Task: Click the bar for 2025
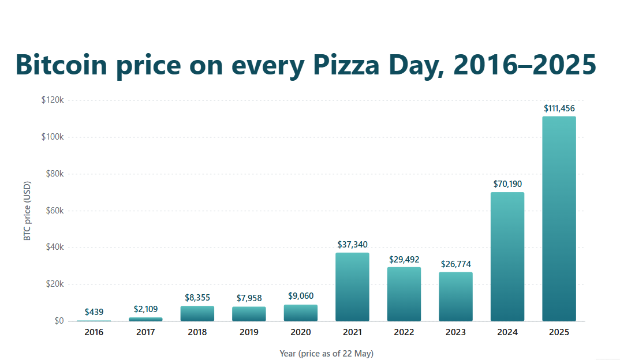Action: (559, 219)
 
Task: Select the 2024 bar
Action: (507, 257)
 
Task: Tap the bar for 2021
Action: (352, 287)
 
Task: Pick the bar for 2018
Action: (197, 313)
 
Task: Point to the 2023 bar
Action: (455, 297)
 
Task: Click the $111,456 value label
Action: (559, 108)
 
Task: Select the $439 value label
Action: (94, 312)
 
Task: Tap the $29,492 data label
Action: (404, 259)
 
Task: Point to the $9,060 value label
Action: (301, 295)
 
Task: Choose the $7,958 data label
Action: (249, 298)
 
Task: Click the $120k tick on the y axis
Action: (53, 100)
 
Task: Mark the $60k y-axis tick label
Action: (55, 211)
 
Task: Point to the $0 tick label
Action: (59, 321)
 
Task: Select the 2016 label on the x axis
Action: (94, 332)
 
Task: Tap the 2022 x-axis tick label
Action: (404, 332)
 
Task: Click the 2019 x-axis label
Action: (249, 332)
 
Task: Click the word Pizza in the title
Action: (346, 65)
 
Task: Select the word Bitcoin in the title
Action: (61, 65)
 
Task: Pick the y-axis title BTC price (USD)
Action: (27, 211)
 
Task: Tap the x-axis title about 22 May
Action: (327, 353)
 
